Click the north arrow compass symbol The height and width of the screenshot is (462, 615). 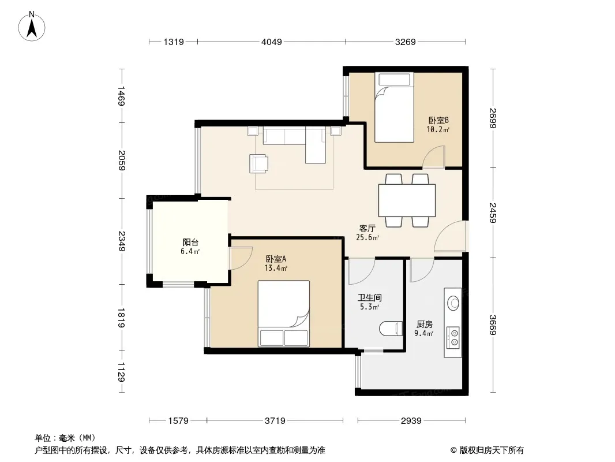[x=32, y=27]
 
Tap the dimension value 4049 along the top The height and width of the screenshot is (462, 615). [x=271, y=42]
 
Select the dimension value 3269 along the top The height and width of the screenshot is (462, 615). [x=405, y=42]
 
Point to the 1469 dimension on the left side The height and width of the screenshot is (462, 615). [x=121, y=96]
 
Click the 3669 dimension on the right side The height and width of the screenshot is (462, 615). [x=493, y=325]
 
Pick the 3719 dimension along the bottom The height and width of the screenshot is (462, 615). [x=275, y=421]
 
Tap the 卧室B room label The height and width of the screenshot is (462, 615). [x=438, y=120]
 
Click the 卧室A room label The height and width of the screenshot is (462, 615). [x=276, y=259]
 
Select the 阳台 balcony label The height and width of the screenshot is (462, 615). [x=190, y=242]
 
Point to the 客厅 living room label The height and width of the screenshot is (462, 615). [x=367, y=229]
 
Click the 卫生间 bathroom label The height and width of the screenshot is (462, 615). [x=369, y=297]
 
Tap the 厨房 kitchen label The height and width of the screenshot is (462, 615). [x=424, y=324]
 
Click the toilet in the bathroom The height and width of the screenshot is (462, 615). [x=391, y=329]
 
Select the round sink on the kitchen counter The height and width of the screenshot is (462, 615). [x=453, y=303]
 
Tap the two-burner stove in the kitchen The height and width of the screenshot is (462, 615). [x=453, y=338]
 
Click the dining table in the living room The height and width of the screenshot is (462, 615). [x=407, y=200]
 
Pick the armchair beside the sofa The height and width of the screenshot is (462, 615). [x=258, y=163]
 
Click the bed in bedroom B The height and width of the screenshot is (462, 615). [x=394, y=107]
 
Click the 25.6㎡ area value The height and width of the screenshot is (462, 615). [x=367, y=237]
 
